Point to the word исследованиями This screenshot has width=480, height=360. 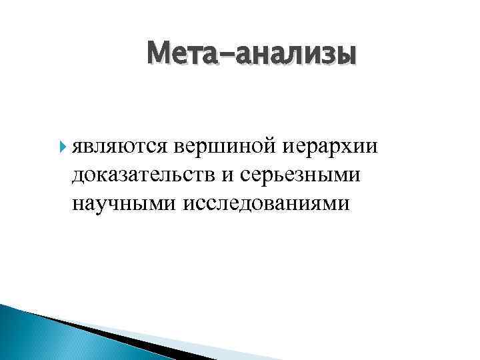coord(261,203)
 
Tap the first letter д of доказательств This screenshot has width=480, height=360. coord(80,175)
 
